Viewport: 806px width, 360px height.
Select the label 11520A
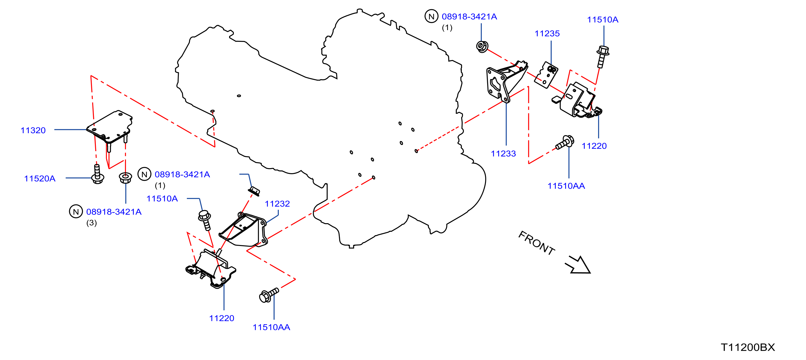click(x=40, y=178)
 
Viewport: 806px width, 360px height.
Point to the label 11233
click(x=503, y=154)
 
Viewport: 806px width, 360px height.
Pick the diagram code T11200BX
click(x=748, y=347)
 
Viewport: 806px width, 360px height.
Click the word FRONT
click(x=537, y=243)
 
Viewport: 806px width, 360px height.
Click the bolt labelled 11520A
click(x=97, y=174)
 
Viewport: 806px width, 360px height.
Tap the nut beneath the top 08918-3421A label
click(x=482, y=47)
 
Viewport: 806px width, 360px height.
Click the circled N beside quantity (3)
click(x=76, y=212)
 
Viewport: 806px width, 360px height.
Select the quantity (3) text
click(x=91, y=223)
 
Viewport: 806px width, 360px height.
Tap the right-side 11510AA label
click(x=566, y=186)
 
